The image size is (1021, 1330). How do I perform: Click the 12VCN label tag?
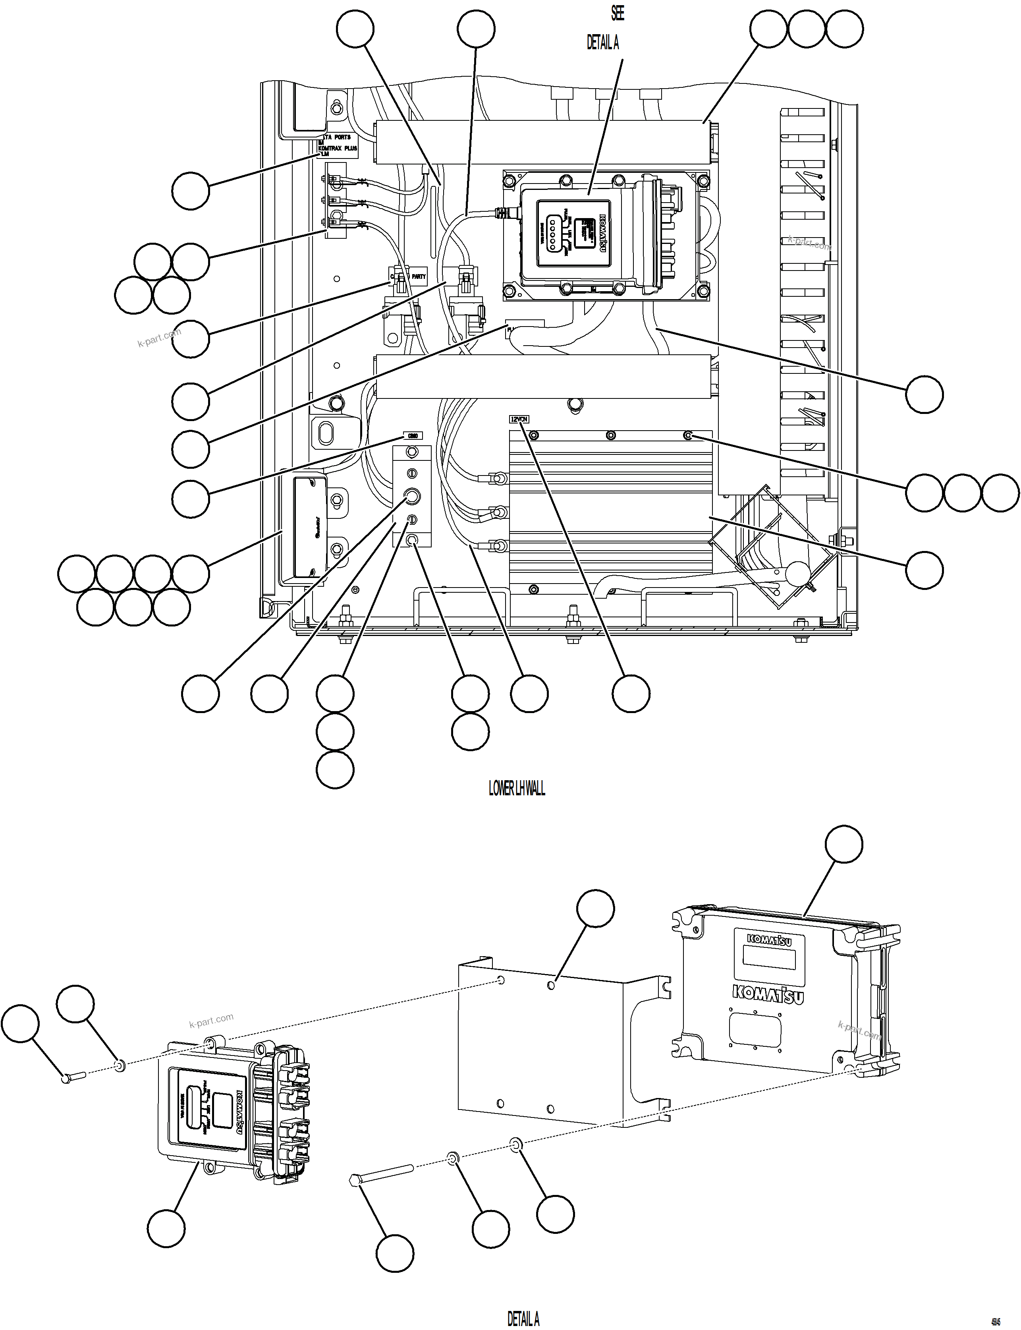pos(519,419)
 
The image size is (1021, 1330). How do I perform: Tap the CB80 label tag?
pos(413,436)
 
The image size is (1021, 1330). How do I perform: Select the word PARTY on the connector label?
pos(418,276)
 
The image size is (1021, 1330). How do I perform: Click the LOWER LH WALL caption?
pos(517,789)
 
